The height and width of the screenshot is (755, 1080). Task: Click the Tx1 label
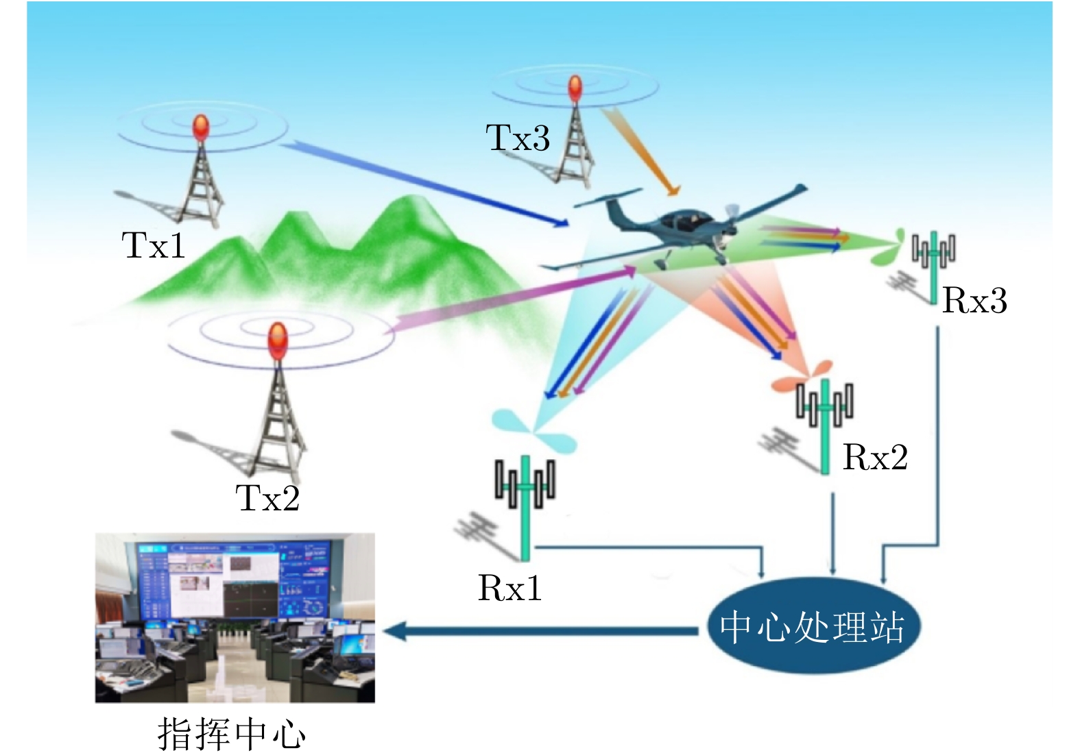point(154,245)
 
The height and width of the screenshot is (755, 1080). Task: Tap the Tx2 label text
point(267,498)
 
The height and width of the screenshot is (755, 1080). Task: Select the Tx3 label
point(518,138)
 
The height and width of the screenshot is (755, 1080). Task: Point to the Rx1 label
point(509,588)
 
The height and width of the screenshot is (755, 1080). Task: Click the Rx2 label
point(875,457)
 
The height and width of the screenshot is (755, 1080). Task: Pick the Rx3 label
point(974,300)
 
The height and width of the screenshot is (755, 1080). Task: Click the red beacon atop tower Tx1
point(200,127)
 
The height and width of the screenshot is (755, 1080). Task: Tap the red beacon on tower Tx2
point(278,340)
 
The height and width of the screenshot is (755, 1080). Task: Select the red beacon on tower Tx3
point(575,88)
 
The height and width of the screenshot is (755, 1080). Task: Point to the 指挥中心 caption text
point(232,734)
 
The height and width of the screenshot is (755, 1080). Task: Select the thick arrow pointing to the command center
point(542,631)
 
